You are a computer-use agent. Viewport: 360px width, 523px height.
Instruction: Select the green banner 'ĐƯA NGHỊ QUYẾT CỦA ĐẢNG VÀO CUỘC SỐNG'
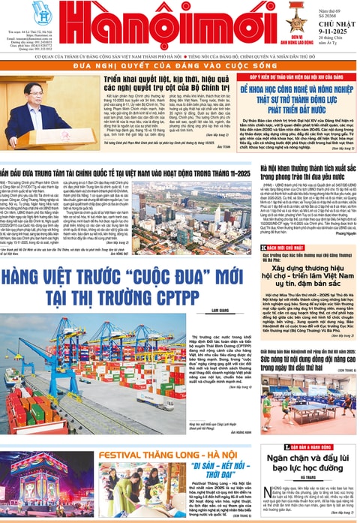click(180, 66)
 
